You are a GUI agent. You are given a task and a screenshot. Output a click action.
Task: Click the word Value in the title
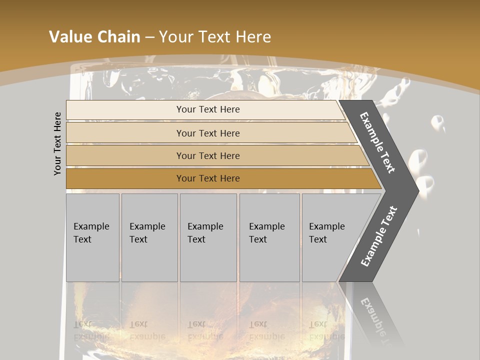click(x=68, y=37)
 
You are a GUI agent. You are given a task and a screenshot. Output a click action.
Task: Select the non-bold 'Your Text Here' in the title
click(x=215, y=37)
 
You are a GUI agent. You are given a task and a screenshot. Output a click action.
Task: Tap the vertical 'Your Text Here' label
click(x=58, y=143)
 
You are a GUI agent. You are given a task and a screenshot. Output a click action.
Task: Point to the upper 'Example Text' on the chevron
click(x=378, y=142)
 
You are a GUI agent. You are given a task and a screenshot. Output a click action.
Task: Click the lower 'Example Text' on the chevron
click(x=378, y=236)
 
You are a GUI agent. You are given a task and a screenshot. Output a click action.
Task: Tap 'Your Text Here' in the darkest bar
click(x=208, y=178)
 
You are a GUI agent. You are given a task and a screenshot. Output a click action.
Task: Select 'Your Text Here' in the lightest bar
click(x=208, y=109)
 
